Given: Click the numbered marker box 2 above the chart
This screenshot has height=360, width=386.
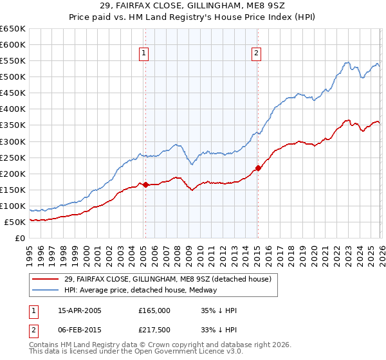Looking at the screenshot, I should (256, 53).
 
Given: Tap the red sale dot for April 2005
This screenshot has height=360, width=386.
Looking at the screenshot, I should (145, 184).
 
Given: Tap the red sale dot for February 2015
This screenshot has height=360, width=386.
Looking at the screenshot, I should (257, 168).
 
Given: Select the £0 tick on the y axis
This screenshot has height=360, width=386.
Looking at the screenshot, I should (19, 239).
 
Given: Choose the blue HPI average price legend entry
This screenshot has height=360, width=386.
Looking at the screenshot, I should (141, 290).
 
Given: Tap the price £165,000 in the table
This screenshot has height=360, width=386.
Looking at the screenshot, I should (154, 310).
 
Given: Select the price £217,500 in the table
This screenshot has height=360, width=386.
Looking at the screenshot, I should (154, 330).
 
